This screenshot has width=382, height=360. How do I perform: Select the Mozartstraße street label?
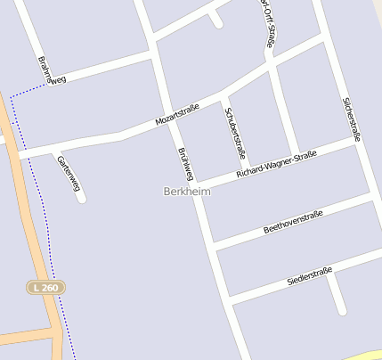177,114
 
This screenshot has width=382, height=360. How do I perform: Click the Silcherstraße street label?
352,120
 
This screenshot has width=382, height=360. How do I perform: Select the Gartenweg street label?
69,173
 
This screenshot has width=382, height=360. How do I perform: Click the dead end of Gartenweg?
82,198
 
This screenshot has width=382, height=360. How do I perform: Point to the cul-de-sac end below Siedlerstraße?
342,311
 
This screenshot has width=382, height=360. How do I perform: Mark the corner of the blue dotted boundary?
12,95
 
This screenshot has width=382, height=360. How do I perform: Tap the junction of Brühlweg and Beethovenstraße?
215,243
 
